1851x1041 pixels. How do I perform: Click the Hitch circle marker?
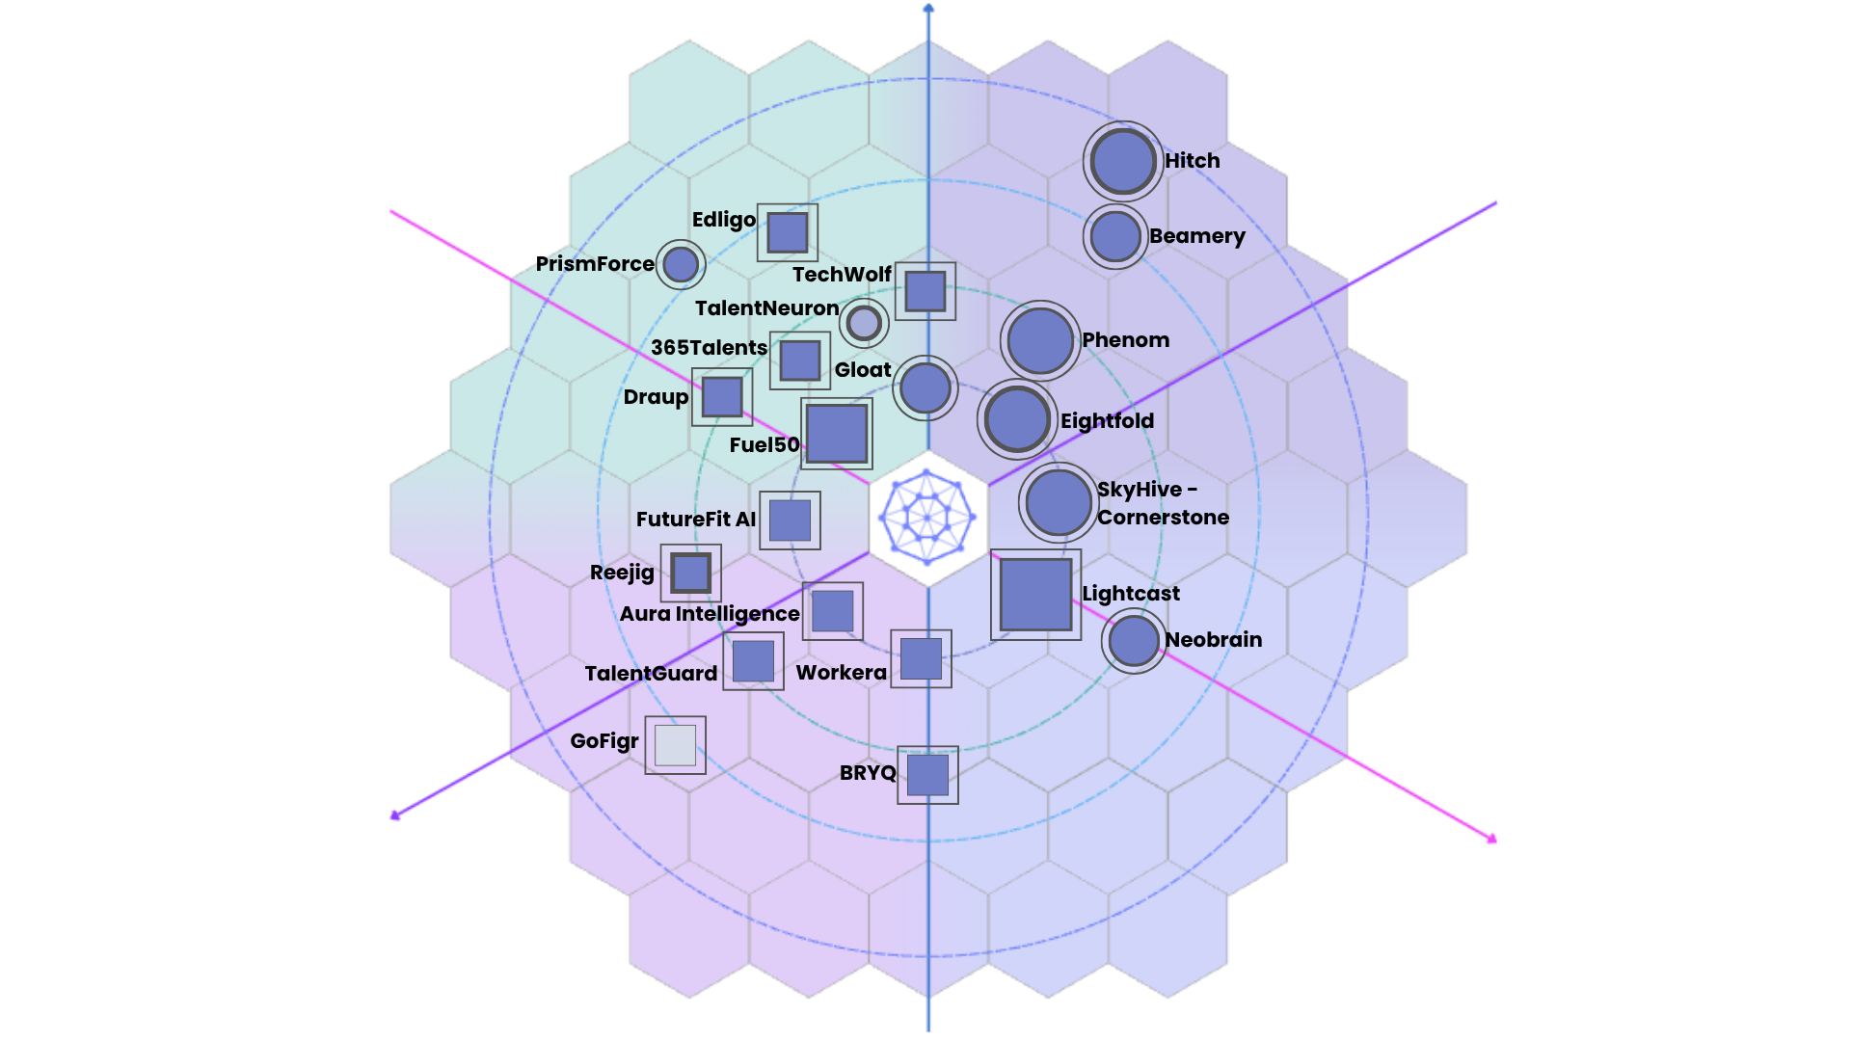(x=1123, y=161)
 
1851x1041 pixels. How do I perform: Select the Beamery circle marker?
(x=1115, y=236)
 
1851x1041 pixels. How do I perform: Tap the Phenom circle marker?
(x=1040, y=340)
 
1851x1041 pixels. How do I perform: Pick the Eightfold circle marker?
(x=1017, y=420)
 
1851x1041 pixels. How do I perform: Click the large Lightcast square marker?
(x=1036, y=595)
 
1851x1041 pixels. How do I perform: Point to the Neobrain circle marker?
(x=1134, y=641)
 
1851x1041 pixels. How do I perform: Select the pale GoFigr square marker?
(x=675, y=745)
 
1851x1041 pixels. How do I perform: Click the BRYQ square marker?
(x=927, y=775)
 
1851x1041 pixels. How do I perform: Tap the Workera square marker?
(x=921, y=658)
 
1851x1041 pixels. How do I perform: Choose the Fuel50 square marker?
(x=837, y=434)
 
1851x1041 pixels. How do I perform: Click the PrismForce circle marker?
(x=681, y=264)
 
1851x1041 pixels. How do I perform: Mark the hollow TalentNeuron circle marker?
(x=864, y=323)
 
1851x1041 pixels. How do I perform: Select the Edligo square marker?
(x=788, y=232)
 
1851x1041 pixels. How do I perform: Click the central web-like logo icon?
(x=927, y=518)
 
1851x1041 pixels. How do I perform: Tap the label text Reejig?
(x=622, y=573)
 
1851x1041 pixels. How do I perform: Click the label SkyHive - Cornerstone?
(x=1163, y=503)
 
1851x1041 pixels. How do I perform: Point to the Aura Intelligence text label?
(x=710, y=614)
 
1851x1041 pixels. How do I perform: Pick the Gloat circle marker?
(x=925, y=388)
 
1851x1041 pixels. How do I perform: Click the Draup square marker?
(x=722, y=396)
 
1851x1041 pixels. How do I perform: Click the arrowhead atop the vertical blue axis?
(x=928, y=9)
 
